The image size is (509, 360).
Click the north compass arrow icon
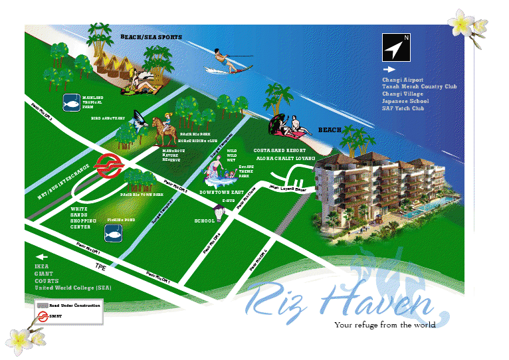click(395, 46)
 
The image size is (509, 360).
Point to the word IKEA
click(42, 266)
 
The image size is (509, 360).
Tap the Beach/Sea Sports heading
click(151, 37)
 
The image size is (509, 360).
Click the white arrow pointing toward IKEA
click(43, 256)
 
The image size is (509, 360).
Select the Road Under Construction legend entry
click(74, 305)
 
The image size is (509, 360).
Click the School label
click(204, 221)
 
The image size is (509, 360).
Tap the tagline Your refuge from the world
click(385, 325)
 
